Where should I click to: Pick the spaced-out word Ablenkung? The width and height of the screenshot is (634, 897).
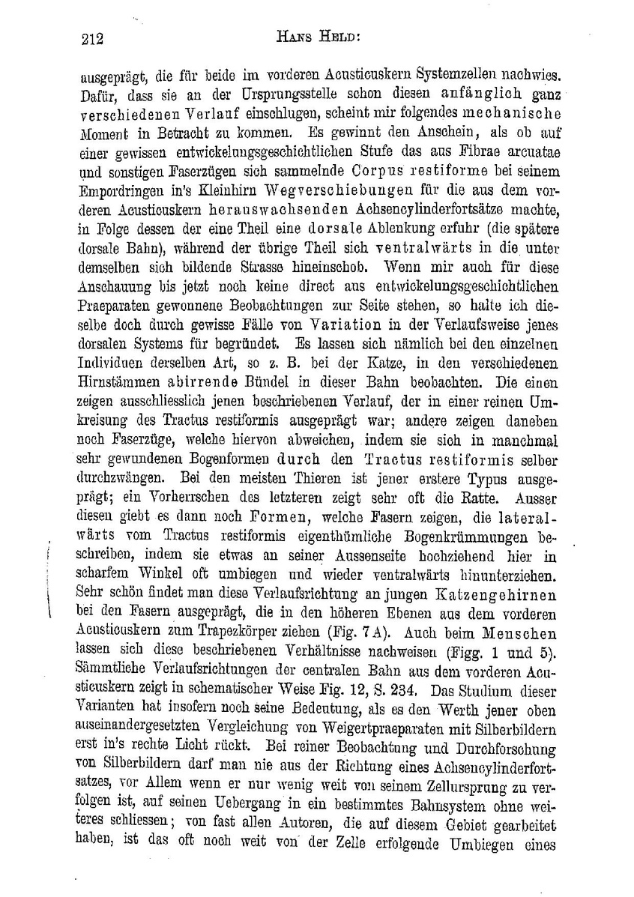pos(384,227)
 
